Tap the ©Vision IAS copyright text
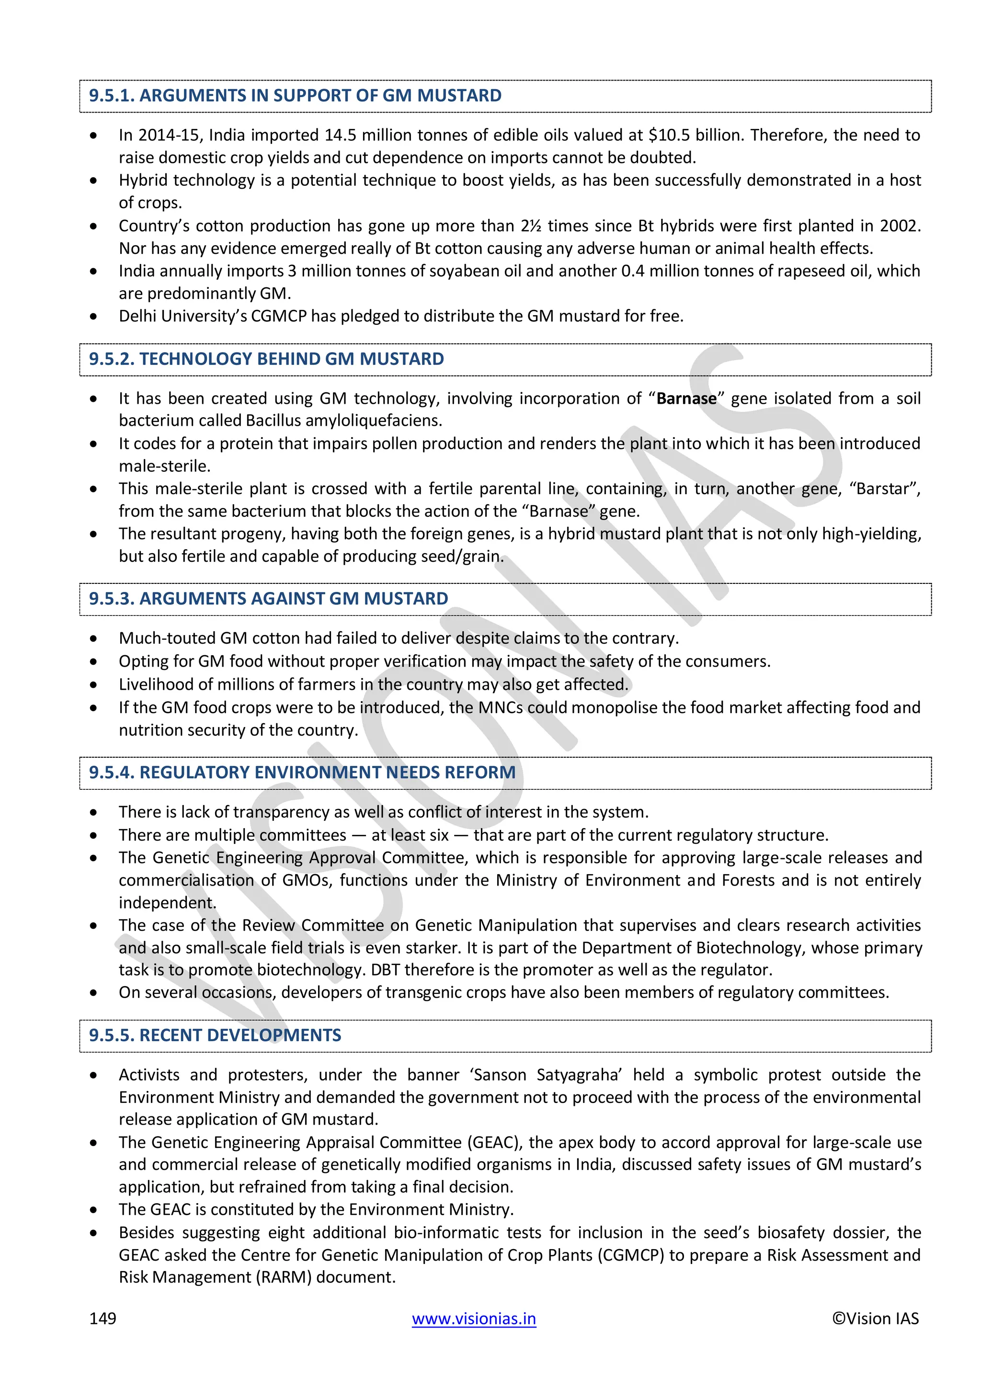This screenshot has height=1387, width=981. pyautogui.click(x=875, y=1318)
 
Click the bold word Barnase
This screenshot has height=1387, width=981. pyautogui.click(x=686, y=398)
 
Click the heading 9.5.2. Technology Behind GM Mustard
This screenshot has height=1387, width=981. pyautogui.click(x=266, y=359)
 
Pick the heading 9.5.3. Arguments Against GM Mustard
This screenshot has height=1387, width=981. pyautogui.click(x=269, y=599)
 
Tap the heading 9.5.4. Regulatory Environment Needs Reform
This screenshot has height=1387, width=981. pyautogui.click(x=303, y=773)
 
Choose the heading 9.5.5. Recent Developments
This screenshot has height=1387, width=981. pyautogui.click(x=215, y=1035)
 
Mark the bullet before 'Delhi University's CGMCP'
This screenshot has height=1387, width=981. pyautogui.click(x=93, y=316)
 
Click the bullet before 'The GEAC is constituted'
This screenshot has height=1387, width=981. pyautogui.click(x=93, y=1210)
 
